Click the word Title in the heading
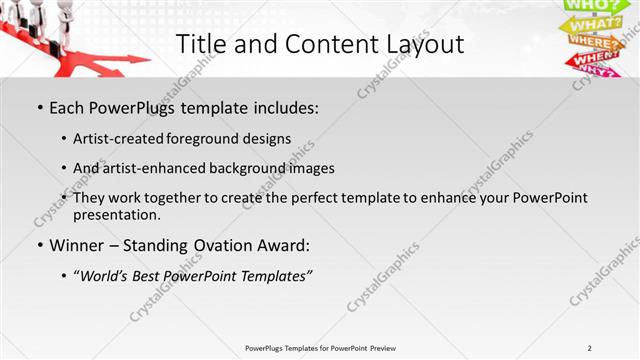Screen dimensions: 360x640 coord(198,44)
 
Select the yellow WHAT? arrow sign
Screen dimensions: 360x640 coord(596,24)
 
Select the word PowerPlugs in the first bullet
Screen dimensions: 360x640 coord(130,105)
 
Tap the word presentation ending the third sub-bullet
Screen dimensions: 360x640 coord(117,214)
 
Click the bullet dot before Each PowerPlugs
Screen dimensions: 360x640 coord(38,106)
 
